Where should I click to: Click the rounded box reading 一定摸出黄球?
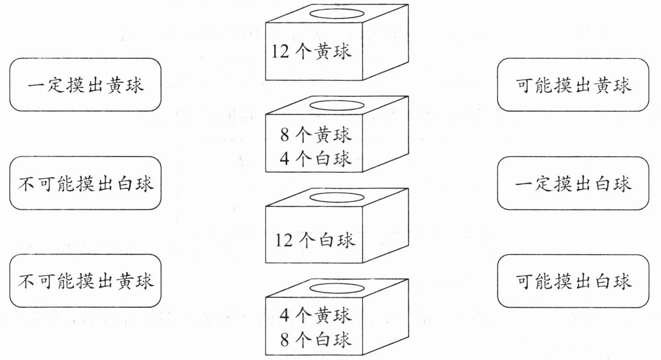85,85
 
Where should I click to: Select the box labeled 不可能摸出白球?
85,183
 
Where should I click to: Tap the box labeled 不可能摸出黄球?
85,281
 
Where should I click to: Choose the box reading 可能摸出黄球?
573,85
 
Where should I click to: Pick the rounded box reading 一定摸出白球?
573,183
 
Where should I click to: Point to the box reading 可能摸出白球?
573,281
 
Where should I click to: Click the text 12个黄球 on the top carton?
311,51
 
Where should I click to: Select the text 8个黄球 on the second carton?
316,134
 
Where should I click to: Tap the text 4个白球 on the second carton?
316,159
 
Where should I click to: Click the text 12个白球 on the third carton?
315,240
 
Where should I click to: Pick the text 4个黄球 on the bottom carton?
316,315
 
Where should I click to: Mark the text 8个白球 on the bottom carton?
316,339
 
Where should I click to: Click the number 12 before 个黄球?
280,51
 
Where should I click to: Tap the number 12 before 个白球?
284,240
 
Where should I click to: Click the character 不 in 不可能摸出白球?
26,184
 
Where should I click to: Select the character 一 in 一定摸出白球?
524,184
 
